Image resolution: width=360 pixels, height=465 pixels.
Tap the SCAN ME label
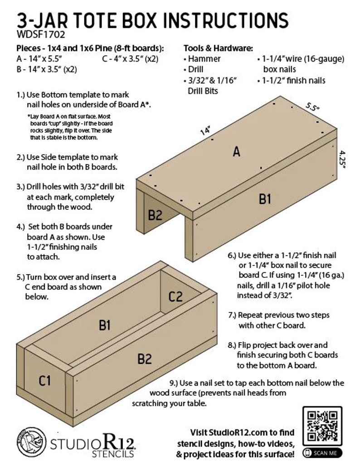click(322, 453)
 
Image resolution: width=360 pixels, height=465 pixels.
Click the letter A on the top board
click(236, 152)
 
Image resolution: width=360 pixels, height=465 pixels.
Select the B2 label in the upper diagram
click(155, 215)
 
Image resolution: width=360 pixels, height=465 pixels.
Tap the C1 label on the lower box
click(44, 381)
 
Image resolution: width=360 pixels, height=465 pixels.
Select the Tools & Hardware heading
click(218, 48)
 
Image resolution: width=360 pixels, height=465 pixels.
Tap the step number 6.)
click(233, 256)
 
